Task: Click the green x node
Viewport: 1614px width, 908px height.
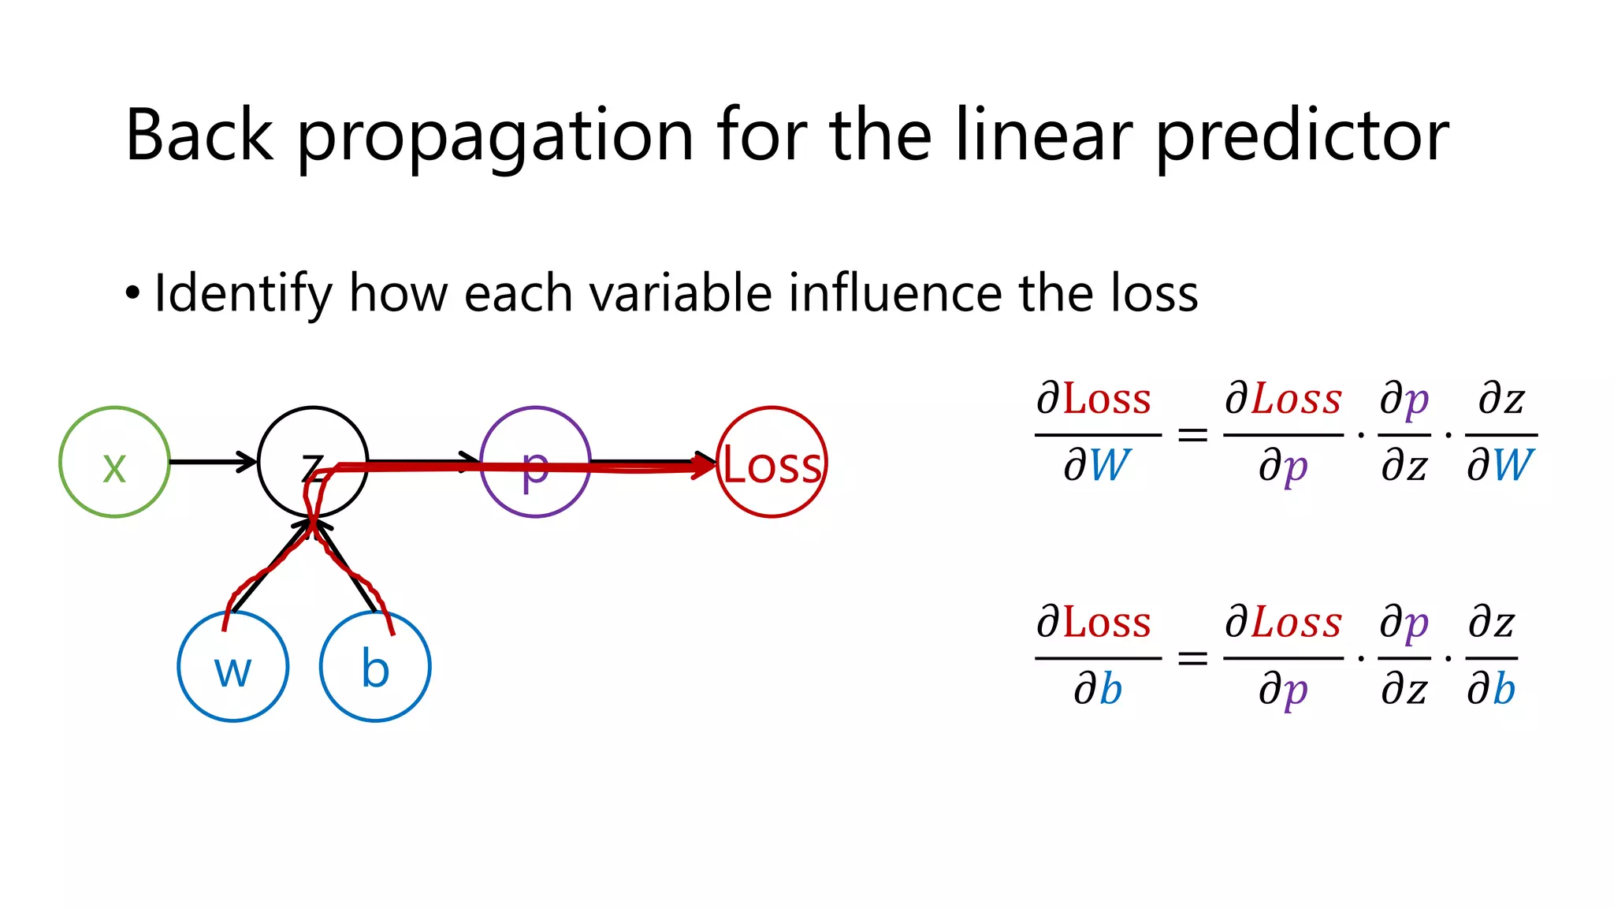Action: [x=115, y=462]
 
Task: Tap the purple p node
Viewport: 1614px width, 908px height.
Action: [x=536, y=462]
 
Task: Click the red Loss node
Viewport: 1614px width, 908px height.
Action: [x=772, y=462]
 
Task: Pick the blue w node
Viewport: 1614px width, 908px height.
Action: [x=233, y=667]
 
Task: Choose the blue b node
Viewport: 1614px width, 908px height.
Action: [x=375, y=667]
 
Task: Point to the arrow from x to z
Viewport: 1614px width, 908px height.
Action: [x=213, y=461]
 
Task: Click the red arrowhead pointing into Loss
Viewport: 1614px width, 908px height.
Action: [x=704, y=466]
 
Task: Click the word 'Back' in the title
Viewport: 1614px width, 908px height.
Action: [x=199, y=136]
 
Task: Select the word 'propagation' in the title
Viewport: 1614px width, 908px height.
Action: [x=495, y=136]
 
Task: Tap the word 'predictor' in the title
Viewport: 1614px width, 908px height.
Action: [x=1302, y=136]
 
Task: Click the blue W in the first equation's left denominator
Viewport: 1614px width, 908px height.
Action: [x=1110, y=465]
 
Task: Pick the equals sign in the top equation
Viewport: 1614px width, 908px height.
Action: [x=1192, y=434]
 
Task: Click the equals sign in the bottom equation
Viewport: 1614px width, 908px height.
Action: [x=1192, y=657]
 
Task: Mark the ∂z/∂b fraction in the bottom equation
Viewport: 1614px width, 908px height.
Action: [x=1491, y=657]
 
